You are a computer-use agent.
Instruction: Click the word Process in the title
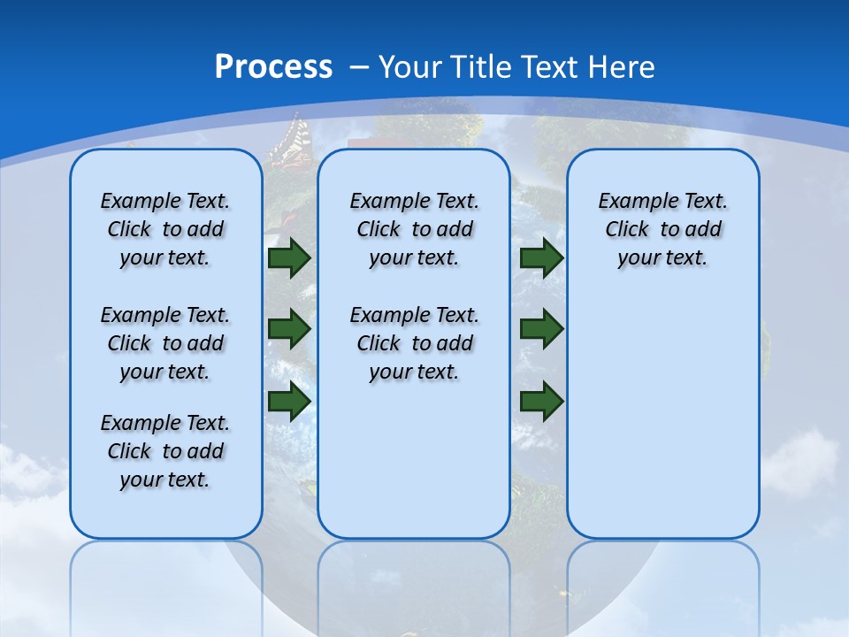[x=273, y=67]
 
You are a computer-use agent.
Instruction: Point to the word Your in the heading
[x=411, y=67]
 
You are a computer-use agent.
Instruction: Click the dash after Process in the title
[x=359, y=67]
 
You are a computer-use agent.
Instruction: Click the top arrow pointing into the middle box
[x=289, y=258]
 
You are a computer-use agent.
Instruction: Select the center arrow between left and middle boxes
[x=289, y=329]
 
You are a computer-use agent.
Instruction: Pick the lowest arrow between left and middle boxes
[x=289, y=401]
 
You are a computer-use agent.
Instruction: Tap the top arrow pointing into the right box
[x=541, y=258]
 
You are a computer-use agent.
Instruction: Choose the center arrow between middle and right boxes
[x=541, y=329]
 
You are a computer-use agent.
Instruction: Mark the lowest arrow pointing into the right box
[x=541, y=402]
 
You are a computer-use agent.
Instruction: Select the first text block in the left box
[x=165, y=229]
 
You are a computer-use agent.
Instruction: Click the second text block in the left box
[x=165, y=343]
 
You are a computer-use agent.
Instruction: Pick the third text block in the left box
[x=165, y=451]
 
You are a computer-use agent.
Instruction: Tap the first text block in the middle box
[x=414, y=229]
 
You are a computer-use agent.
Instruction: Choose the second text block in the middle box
[x=414, y=343]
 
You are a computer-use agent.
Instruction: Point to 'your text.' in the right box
[x=662, y=258]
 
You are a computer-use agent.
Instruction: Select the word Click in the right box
[x=627, y=230]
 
